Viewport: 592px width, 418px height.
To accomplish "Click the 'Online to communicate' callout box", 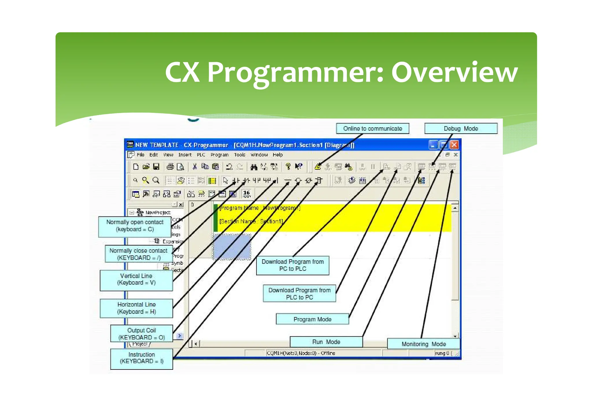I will (x=372, y=128).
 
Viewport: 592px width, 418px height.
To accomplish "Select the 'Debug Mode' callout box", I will (x=461, y=128).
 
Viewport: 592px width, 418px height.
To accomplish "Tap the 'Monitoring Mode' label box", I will (x=423, y=344).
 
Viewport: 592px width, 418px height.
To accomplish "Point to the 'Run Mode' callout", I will (x=326, y=342).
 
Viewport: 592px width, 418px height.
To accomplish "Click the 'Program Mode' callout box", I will (x=312, y=319).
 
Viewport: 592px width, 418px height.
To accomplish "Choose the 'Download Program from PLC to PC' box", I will (x=299, y=294).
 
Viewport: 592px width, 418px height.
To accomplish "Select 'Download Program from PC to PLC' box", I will (x=293, y=265).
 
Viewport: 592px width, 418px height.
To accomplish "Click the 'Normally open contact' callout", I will (x=135, y=226).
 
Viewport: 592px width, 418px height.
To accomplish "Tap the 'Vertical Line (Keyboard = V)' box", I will (x=136, y=279).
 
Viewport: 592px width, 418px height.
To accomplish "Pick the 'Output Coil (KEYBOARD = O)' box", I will (x=141, y=334).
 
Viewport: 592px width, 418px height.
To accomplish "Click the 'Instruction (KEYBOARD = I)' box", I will (x=141, y=358).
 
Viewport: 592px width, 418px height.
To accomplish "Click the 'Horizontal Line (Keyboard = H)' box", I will (x=136, y=308).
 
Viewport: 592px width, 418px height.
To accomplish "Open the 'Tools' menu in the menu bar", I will (x=239, y=155).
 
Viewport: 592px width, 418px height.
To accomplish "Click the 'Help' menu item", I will (x=277, y=155).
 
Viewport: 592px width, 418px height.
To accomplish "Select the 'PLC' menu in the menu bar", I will (x=201, y=155).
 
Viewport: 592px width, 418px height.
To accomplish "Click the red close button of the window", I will (x=454, y=145).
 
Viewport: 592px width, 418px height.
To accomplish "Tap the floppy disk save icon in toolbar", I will (x=156, y=167).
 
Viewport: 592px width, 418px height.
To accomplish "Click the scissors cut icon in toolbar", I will (x=195, y=167).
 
